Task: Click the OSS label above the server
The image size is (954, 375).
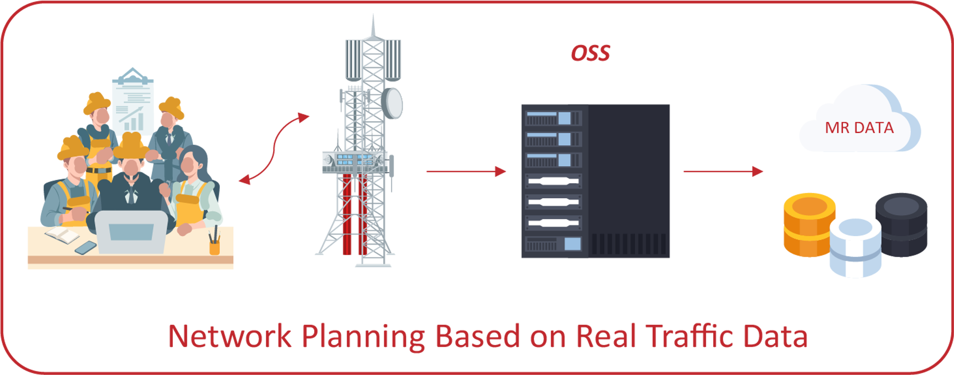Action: coord(590,53)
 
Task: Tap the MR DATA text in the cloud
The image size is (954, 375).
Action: coord(859,127)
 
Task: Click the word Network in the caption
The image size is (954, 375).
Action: coord(230,336)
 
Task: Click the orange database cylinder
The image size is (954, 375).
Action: coord(809,225)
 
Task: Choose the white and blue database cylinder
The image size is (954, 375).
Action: coord(855,246)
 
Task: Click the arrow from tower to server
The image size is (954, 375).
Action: coord(466,172)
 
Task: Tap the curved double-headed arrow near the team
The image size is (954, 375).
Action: coord(274,148)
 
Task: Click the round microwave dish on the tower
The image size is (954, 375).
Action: coord(392,103)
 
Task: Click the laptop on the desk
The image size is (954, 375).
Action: coord(132,232)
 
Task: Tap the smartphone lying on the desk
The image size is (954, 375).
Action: coord(85,247)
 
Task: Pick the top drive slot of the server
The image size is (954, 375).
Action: coord(553,118)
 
